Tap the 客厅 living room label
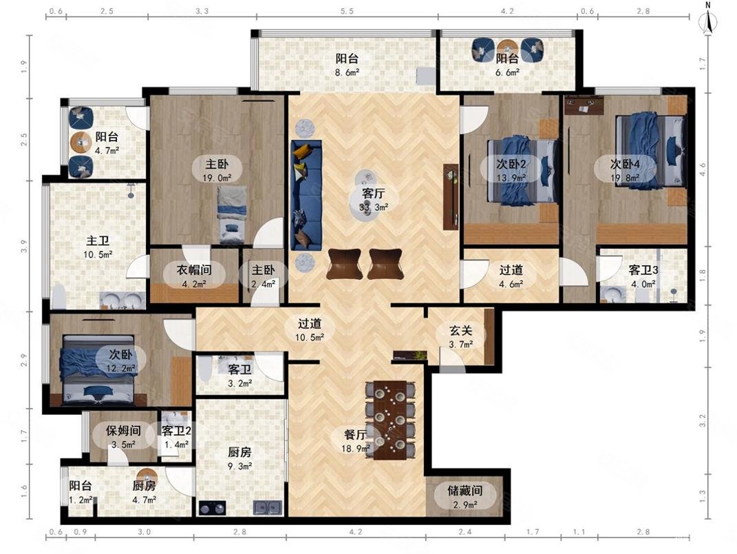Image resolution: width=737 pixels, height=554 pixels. point(374,193)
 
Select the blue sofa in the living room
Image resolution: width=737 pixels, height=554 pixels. point(306,195)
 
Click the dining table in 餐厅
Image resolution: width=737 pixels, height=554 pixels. point(390,420)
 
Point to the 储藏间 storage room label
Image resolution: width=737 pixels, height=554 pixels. point(465,491)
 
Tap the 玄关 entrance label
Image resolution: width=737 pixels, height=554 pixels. point(460,331)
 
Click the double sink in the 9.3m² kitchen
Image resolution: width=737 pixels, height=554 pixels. point(268,508)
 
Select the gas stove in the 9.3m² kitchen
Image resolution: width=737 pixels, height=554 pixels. point(213,508)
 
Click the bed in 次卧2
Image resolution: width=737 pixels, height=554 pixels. point(522,170)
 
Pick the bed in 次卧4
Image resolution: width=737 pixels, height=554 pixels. point(650,150)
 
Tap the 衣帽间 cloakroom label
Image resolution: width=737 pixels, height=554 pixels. point(194,269)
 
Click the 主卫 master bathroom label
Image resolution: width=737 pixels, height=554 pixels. point(98,241)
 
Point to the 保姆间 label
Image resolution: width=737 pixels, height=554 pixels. point(123,430)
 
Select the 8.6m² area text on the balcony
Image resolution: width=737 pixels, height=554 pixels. point(348,72)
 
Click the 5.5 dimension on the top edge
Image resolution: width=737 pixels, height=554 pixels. point(347,11)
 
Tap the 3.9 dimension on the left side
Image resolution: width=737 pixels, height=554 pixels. point(24,246)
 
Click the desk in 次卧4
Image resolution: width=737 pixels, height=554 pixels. point(584,106)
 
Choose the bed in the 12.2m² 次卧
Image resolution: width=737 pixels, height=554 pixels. point(97,370)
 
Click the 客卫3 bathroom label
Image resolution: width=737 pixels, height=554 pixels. point(643,269)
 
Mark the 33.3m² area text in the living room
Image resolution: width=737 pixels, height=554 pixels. point(374,207)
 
